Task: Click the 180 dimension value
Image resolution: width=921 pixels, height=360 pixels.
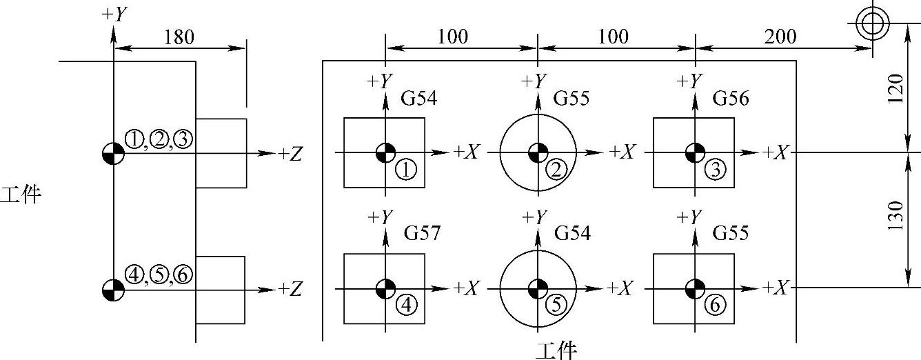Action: tap(179, 37)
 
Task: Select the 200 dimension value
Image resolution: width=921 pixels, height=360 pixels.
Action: tap(781, 36)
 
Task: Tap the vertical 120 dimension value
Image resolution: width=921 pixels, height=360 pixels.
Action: tap(895, 90)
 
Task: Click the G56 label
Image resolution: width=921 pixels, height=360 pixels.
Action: tap(731, 99)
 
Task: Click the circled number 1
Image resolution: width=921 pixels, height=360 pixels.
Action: tap(407, 169)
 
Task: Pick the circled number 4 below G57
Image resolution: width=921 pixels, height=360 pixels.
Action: tap(407, 304)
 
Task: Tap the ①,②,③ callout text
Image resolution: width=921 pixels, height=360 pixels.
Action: tap(159, 140)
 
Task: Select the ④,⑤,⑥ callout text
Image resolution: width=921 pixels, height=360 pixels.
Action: tap(159, 275)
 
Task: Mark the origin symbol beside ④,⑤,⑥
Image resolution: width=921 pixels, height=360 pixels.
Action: tap(113, 289)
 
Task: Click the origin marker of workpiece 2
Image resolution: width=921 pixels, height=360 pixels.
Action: tap(537, 152)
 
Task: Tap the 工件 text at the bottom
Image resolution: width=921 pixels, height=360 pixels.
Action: tap(556, 351)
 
